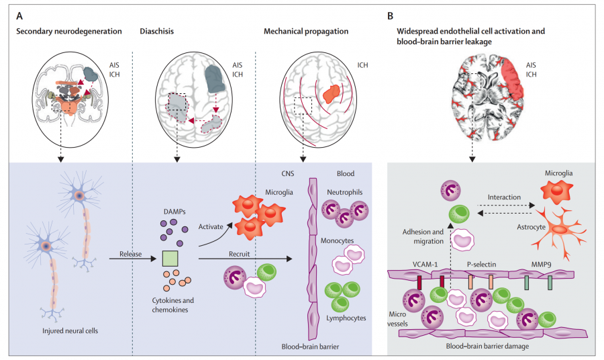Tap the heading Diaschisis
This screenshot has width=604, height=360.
pos(157,31)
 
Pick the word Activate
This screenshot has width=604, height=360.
pos(213,227)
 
